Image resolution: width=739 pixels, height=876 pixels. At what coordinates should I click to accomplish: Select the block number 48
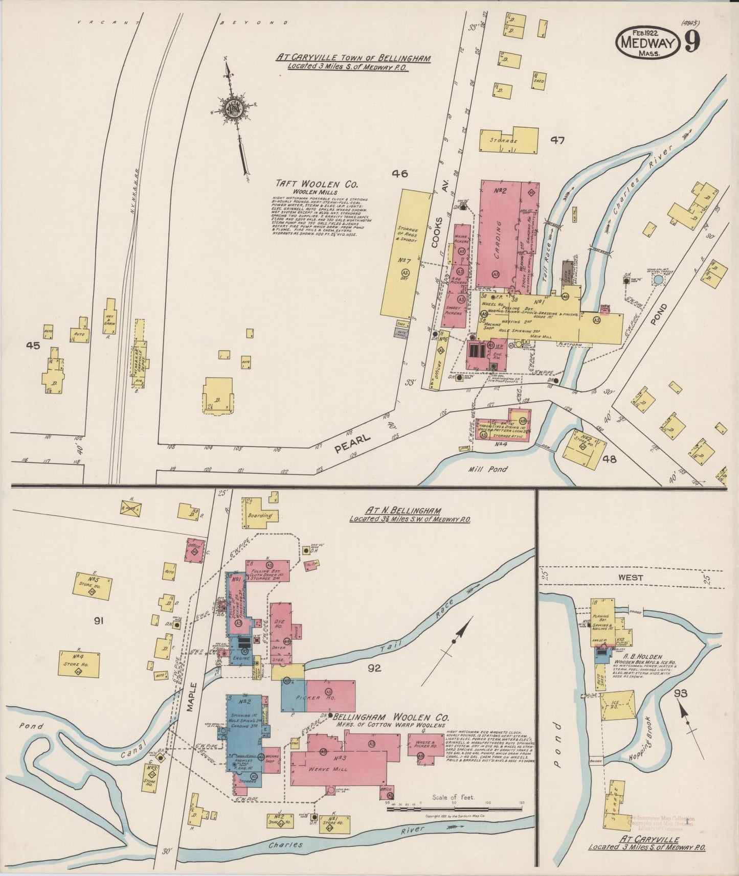click(609, 458)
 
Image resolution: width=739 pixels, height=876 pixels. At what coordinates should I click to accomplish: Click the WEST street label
click(631, 578)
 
